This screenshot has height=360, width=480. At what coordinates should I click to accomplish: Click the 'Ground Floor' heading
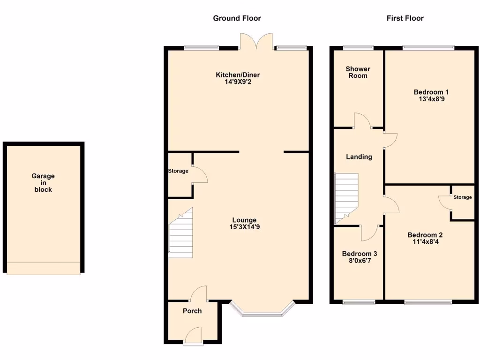pos(237,18)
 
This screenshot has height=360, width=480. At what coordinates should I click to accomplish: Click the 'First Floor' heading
pos(405,18)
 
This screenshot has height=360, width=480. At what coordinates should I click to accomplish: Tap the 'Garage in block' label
pos(43,183)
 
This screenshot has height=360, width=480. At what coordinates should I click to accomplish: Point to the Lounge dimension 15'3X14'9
pos(244,227)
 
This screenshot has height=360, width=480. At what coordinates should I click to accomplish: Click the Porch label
pos(192,311)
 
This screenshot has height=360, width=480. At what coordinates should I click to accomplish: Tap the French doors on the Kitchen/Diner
pos(256,41)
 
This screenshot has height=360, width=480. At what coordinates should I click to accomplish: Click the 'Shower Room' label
pos(358,72)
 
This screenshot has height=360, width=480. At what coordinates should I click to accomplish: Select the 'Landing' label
pos(359,157)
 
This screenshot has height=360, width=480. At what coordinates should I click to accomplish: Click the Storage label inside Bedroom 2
pos(462,197)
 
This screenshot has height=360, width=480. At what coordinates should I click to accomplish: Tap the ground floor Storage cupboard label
pos(178,171)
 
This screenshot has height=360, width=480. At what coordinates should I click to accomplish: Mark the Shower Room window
pos(358,47)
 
